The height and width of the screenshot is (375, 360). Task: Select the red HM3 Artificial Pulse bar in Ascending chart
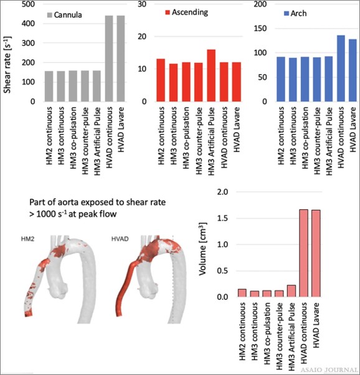click(211, 75)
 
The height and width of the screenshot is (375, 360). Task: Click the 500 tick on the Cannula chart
click(29, 4)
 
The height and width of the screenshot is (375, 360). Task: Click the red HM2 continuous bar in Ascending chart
click(160, 80)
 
